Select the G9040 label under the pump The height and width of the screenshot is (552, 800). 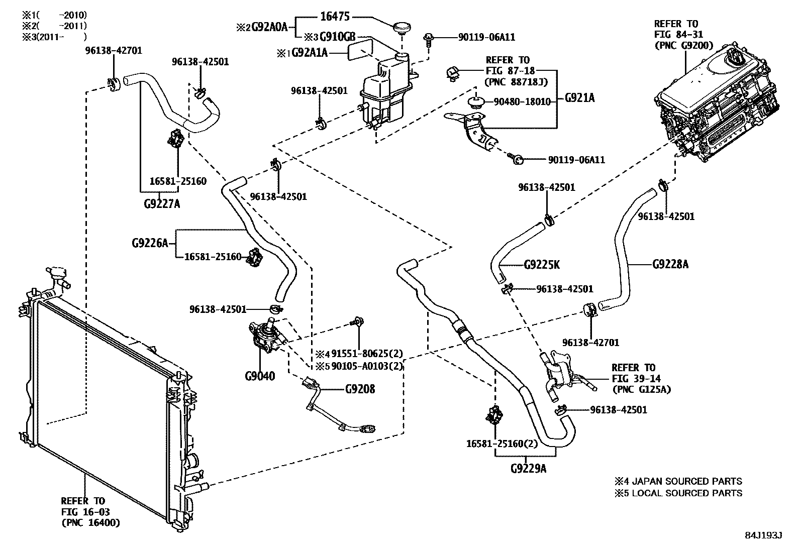[x=260, y=376]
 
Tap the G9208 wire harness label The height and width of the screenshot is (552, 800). [x=360, y=389]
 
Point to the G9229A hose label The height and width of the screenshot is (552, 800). [x=528, y=469]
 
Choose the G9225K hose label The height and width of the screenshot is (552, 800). [x=542, y=264]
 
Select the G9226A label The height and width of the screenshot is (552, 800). [x=150, y=243]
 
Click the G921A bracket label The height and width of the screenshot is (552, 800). [x=579, y=98]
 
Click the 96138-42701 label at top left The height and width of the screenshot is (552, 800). [x=113, y=51]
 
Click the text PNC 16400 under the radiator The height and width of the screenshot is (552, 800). [x=90, y=523]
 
